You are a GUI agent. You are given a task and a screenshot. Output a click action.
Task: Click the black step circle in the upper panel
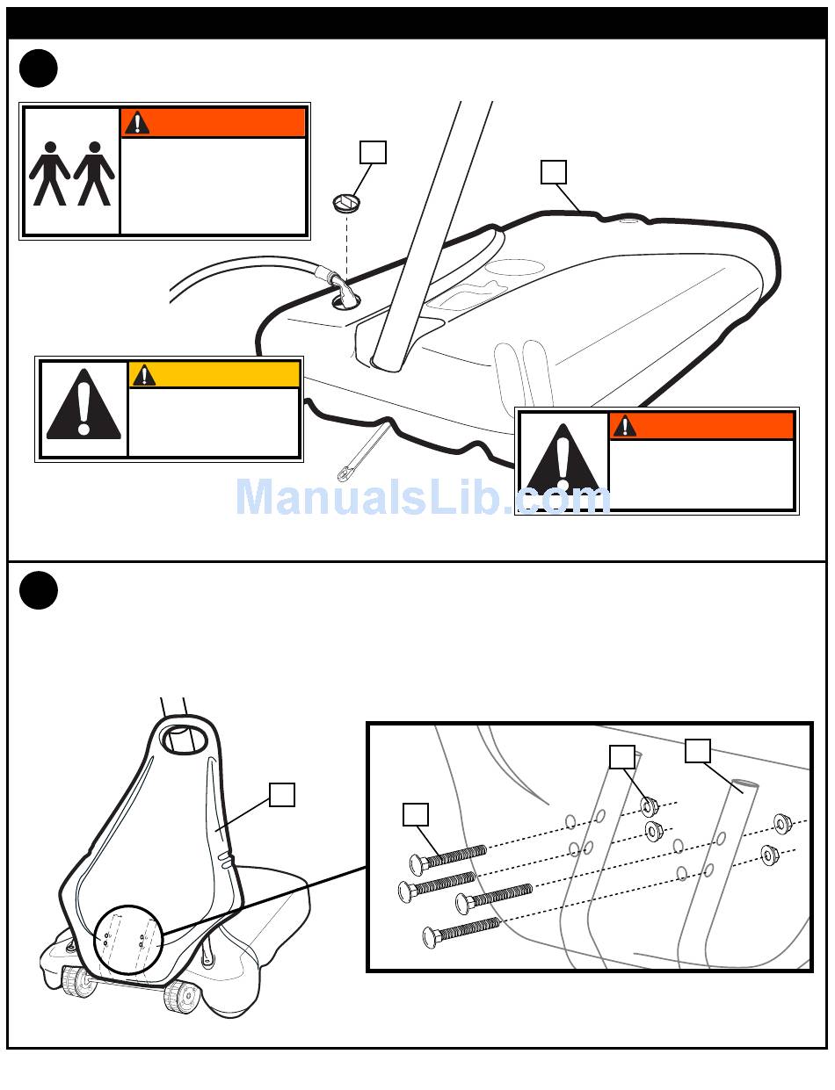[38, 69]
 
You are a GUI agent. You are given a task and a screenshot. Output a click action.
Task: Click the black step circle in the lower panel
[38, 590]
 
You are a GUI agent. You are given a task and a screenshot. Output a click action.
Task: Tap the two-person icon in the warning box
[72, 174]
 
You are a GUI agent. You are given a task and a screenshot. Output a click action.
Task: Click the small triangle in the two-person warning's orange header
[136, 123]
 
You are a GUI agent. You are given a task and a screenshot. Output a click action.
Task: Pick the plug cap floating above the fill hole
[346, 202]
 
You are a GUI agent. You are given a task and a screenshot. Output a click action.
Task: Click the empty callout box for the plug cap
[373, 152]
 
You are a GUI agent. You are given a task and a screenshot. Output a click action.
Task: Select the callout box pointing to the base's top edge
[554, 172]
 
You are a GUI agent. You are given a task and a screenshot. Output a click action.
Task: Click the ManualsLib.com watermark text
[423, 496]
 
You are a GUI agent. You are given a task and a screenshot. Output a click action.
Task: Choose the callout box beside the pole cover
[282, 795]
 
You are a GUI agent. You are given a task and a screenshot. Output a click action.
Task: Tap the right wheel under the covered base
[181, 997]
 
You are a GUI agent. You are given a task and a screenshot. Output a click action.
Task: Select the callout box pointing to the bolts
[416, 814]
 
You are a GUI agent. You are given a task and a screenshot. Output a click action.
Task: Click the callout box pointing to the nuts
[622, 757]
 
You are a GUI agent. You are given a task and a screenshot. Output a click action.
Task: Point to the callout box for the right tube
[698, 751]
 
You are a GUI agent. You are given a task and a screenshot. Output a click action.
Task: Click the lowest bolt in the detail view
[461, 933]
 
